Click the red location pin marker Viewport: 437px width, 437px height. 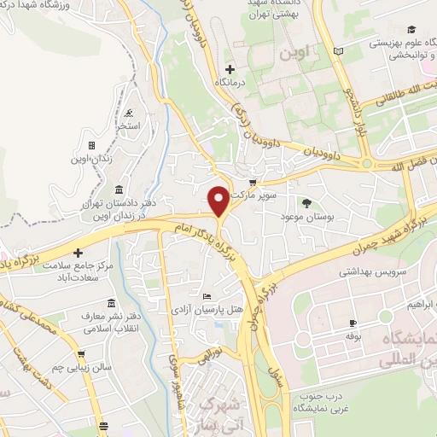[218, 201]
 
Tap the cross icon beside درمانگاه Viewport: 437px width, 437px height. [230, 68]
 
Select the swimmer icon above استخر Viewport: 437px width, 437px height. [128, 114]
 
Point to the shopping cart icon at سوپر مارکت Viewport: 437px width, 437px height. [253, 183]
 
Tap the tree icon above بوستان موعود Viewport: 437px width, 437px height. [306, 202]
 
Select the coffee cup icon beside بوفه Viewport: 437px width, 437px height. [352, 324]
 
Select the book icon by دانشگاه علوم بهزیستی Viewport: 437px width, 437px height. [339, 52]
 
